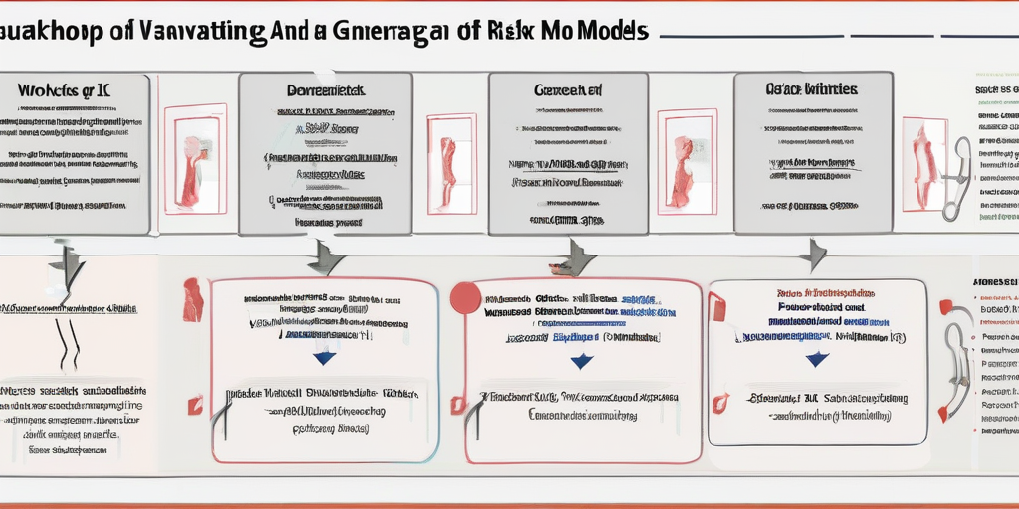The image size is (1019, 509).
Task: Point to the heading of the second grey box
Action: tap(325, 90)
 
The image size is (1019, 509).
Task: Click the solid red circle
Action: tap(465, 298)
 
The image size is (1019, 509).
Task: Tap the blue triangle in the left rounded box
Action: tap(324, 358)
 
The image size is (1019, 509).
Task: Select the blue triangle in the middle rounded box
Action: tap(581, 362)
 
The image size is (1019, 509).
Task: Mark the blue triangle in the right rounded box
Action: tap(817, 359)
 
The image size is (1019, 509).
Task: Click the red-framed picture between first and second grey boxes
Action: tap(195, 159)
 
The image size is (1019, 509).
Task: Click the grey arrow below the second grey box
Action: tap(324, 257)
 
